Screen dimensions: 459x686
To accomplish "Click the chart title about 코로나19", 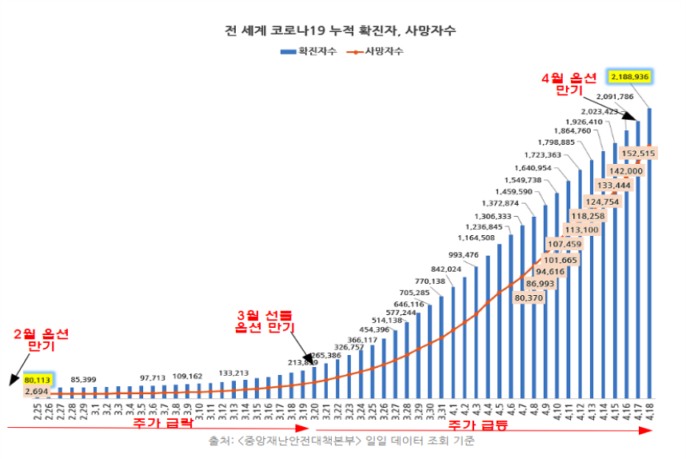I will [341, 31].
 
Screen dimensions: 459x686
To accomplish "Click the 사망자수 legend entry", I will [375, 51].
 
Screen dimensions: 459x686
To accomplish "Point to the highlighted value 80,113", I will [38, 379].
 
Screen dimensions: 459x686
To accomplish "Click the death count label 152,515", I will [637, 154].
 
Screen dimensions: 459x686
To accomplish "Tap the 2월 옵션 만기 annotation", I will [42, 340].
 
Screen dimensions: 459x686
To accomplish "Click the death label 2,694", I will [37, 392].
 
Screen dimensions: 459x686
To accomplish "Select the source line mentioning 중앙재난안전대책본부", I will [341, 441].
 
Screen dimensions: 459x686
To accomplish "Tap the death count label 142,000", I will [625, 170].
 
